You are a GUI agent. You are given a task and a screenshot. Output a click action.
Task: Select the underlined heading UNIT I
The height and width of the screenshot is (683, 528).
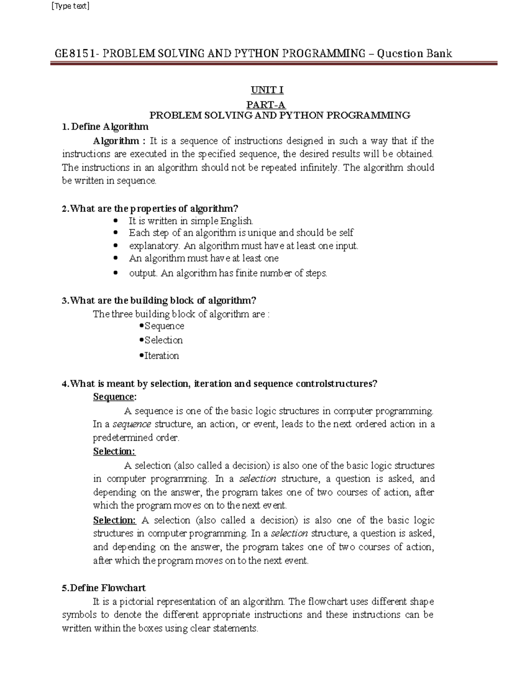pyautogui.click(x=267, y=90)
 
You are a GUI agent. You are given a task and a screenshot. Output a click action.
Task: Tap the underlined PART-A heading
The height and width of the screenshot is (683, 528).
pyautogui.click(x=266, y=105)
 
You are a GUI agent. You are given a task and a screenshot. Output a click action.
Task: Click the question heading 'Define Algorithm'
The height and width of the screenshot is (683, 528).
pyautogui.click(x=110, y=127)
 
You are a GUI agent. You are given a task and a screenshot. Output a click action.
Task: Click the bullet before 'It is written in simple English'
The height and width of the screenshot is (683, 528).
pyautogui.click(x=116, y=221)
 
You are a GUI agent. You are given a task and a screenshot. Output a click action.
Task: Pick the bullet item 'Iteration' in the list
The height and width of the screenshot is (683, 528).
pyautogui.click(x=161, y=355)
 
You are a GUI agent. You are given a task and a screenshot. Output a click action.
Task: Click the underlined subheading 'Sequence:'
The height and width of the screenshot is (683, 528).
pyautogui.click(x=115, y=397)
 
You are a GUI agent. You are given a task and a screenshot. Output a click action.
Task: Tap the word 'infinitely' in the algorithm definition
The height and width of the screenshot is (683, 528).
pyautogui.click(x=318, y=168)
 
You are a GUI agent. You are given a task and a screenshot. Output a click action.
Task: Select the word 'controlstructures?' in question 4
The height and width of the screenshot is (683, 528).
pyautogui.click(x=337, y=384)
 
